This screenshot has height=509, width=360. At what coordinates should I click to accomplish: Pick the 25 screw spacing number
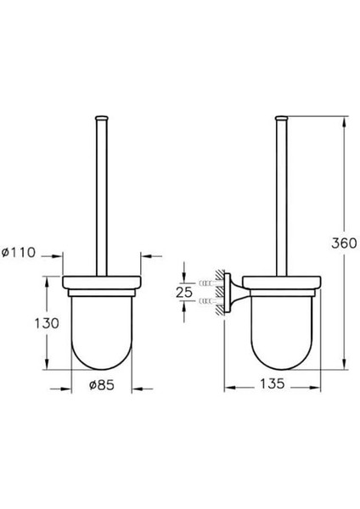coord(184,293)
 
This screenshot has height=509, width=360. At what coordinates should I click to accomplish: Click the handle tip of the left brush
coord(103,115)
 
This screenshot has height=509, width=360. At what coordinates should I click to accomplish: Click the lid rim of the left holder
coord(103,282)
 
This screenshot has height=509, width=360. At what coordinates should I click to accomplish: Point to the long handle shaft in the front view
coord(103,195)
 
